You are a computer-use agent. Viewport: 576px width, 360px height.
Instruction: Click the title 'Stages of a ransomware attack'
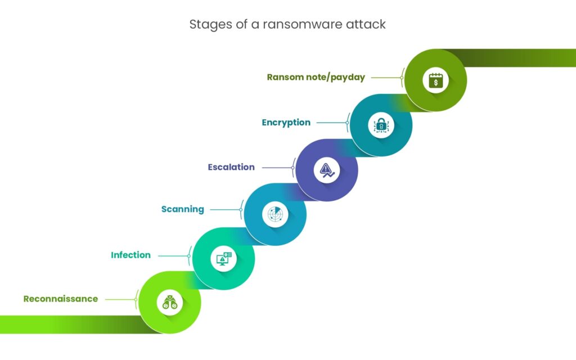point(287,25)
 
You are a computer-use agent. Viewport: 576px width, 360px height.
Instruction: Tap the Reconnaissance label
point(61,299)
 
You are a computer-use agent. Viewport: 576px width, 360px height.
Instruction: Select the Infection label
point(130,255)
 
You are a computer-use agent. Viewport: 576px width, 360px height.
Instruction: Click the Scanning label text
point(182,209)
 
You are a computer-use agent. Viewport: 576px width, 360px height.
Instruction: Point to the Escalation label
point(231,167)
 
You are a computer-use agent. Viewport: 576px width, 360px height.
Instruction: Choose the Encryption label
point(286,122)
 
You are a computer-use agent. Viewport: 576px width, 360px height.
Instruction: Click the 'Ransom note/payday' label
point(316,77)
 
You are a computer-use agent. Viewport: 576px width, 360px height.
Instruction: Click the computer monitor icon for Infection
point(224,259)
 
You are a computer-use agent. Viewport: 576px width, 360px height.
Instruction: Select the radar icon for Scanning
point(276,214)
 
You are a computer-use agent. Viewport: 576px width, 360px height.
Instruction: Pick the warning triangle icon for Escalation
point(327,170)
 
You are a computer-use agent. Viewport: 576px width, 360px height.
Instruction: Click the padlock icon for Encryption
point(381,125)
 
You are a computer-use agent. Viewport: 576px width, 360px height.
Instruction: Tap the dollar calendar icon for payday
point(436,80)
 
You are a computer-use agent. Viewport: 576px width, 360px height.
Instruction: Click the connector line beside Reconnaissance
point(120,299)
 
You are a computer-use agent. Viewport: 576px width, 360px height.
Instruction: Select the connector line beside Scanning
point(224,210)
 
